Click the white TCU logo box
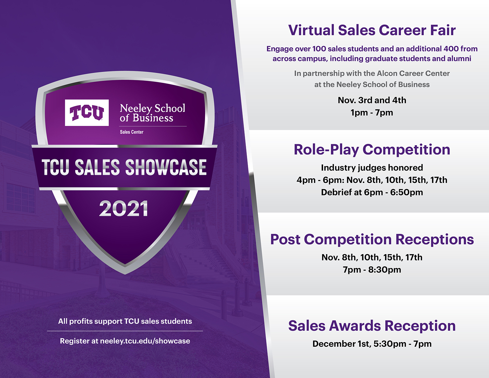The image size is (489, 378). point(87,113)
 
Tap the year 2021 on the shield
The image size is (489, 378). point(123,208)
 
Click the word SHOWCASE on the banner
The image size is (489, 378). point(166,167)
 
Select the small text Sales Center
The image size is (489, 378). point(131,132)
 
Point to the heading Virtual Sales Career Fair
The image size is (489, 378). point(372,30)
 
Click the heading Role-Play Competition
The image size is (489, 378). point(372,150)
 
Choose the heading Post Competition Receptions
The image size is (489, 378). point(372,239)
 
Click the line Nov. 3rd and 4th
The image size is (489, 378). point(372,100)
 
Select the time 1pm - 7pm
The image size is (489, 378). point(372,113)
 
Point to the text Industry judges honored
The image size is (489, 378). point(372,168)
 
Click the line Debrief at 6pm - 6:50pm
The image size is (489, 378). point(372,192)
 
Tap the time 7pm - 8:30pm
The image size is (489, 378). point(372,270)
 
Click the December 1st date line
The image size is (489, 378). point(372,344)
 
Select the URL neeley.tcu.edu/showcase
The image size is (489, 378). point(145,341)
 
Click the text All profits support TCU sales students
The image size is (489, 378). point(125,321)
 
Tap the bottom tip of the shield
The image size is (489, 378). point(125,274)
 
